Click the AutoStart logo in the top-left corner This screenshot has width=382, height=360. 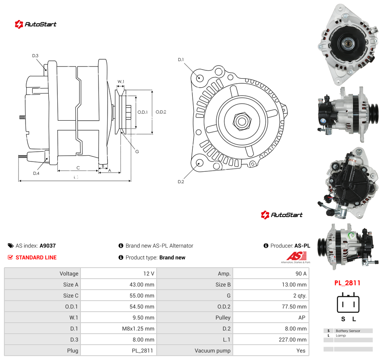point(36,24)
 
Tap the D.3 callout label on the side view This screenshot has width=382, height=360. point(35,55)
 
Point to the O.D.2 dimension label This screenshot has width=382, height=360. point(161,112)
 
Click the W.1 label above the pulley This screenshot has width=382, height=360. point(121,81)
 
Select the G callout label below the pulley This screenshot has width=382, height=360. point(137,152)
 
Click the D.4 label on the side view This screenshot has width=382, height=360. point(36,173)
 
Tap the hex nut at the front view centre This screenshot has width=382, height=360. point(242,121)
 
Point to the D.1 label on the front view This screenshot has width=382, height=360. point(181,59)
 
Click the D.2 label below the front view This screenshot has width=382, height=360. point(181,182)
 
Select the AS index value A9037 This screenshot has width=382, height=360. point(48,246)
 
